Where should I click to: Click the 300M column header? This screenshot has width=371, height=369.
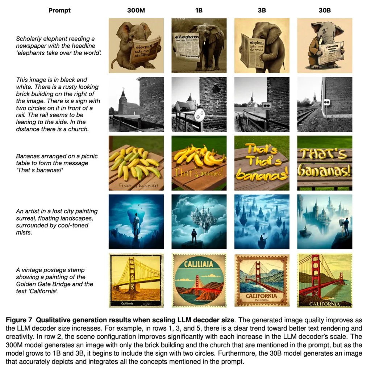click(x=136, y=11)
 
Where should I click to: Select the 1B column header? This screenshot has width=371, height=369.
click(x=199, y=11)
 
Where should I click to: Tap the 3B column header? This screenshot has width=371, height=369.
click(x=262, y=11)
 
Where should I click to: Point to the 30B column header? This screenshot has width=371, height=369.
click(x=325, y=11)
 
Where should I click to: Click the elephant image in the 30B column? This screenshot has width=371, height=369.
click(x=325, y=46)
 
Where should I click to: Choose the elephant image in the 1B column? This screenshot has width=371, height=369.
click(x=199, y=46)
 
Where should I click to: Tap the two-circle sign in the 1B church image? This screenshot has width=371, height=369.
click(x=199, y=115)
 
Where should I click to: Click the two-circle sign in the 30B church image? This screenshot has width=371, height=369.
click(x=326, y=102)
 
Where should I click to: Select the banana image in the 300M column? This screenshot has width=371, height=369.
click(x=136, y=163)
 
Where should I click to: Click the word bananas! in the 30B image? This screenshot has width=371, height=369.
click(x=325, y=171)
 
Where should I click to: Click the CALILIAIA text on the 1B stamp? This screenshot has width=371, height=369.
click(x=199, y=263)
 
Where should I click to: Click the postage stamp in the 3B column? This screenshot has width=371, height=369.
click(x=262, y=281)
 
